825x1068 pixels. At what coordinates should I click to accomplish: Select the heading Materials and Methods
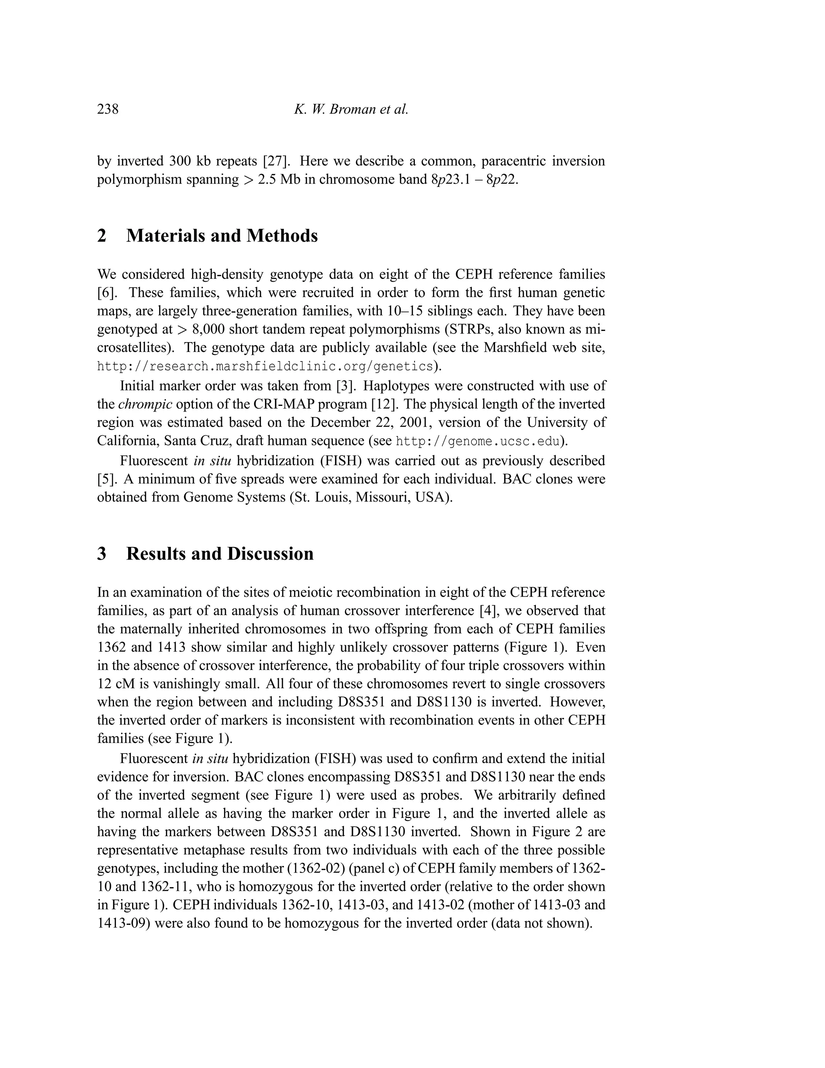[222, 236]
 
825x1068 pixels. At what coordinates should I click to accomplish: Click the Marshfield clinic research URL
[265, 366]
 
